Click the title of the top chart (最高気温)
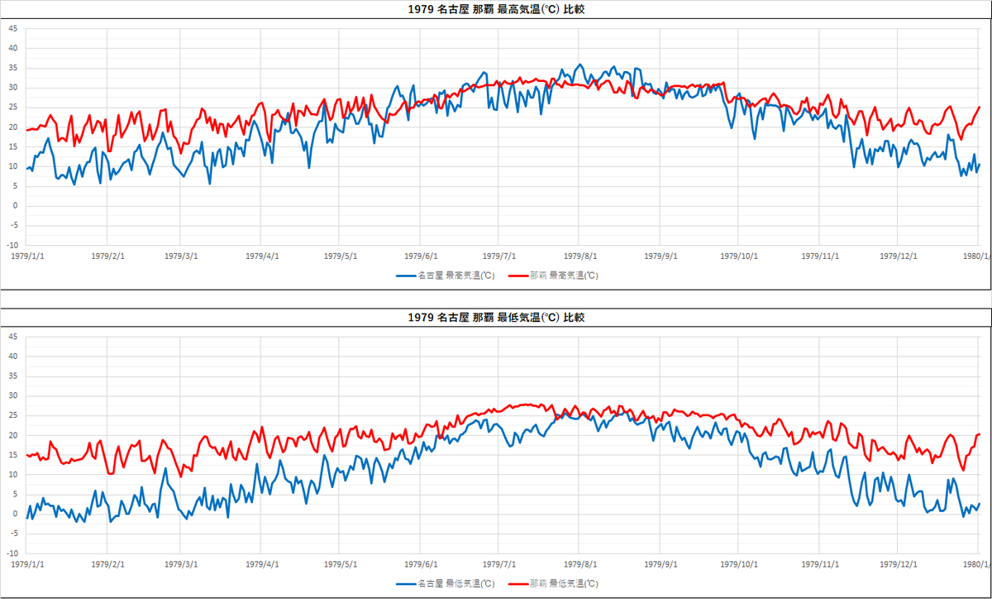[496, 10]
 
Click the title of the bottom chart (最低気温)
[496, 318]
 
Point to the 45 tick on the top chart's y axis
[12, 28]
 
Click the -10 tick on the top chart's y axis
[12, 246]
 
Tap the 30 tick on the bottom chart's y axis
[12, 395]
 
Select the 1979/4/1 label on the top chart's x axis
[261, 256]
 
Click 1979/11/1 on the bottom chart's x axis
[821, 563]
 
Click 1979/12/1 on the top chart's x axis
[899, 256]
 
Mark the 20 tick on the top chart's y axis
[12, 127]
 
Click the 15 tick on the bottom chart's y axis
[12, 455]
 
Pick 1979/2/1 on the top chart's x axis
[109, 256]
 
